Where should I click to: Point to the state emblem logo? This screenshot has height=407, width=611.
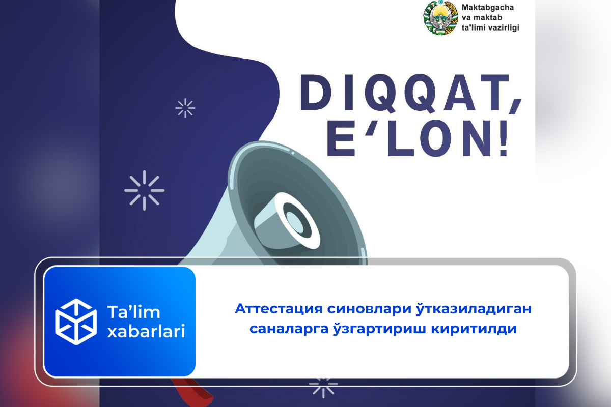point(440,18)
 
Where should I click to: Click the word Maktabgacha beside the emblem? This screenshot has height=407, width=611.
point(488,8)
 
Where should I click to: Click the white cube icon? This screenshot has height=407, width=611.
point(76,322)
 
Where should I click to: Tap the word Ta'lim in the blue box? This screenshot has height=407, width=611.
point(133,312)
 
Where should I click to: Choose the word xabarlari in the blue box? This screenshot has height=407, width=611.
point(146,331)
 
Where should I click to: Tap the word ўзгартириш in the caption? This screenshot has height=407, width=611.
point(379,328)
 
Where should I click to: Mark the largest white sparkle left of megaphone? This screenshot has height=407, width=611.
point(144,190)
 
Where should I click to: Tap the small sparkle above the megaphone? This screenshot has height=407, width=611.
point(185,108)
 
